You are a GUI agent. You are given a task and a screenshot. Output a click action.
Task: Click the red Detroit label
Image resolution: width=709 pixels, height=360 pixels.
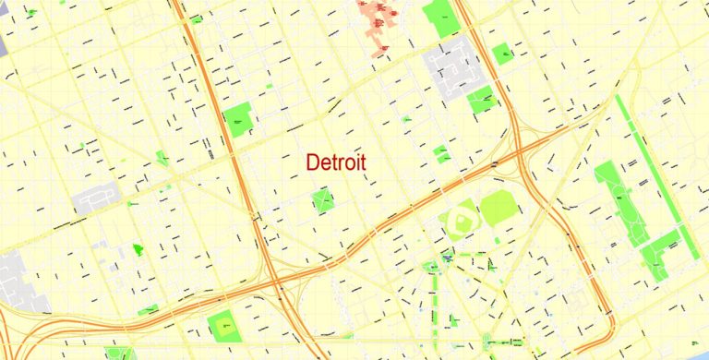tap(335, 162)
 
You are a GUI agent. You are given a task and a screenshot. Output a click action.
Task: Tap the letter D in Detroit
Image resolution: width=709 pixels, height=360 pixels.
tap(312, 162)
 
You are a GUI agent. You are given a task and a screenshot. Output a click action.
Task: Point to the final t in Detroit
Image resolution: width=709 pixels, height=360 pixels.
tap(362, 162)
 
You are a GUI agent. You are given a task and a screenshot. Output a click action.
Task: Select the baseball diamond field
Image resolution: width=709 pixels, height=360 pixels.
tap(461, 220)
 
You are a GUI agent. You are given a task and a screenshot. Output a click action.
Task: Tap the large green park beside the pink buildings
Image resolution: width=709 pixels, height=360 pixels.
tap(441, 18)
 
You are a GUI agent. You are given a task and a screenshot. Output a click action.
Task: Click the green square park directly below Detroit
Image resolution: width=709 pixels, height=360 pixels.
tap(323, 200)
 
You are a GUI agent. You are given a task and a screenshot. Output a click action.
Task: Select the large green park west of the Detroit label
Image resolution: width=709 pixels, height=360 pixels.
tap(238, 120)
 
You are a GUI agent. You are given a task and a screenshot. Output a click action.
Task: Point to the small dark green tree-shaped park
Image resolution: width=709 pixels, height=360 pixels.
tap(137, 248)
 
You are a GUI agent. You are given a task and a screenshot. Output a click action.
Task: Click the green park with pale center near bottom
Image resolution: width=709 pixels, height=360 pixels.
tap(222, 325)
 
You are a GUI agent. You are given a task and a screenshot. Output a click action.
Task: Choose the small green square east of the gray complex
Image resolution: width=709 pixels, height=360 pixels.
tap(501, 54)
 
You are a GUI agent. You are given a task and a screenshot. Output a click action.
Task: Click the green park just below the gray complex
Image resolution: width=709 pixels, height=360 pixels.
tap(482, 100)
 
